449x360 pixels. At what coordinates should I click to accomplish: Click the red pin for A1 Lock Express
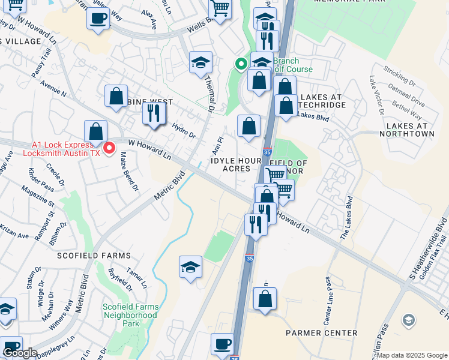coord(109,148)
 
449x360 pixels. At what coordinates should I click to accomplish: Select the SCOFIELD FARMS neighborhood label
coord(94,256)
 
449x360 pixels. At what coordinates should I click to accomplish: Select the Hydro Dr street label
coord(184,131)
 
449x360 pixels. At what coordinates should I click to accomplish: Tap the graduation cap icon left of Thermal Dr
coord(200,62)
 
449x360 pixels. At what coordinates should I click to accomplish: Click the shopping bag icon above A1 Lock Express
coord(95,131)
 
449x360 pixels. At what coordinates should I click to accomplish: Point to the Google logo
coord(20,353)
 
